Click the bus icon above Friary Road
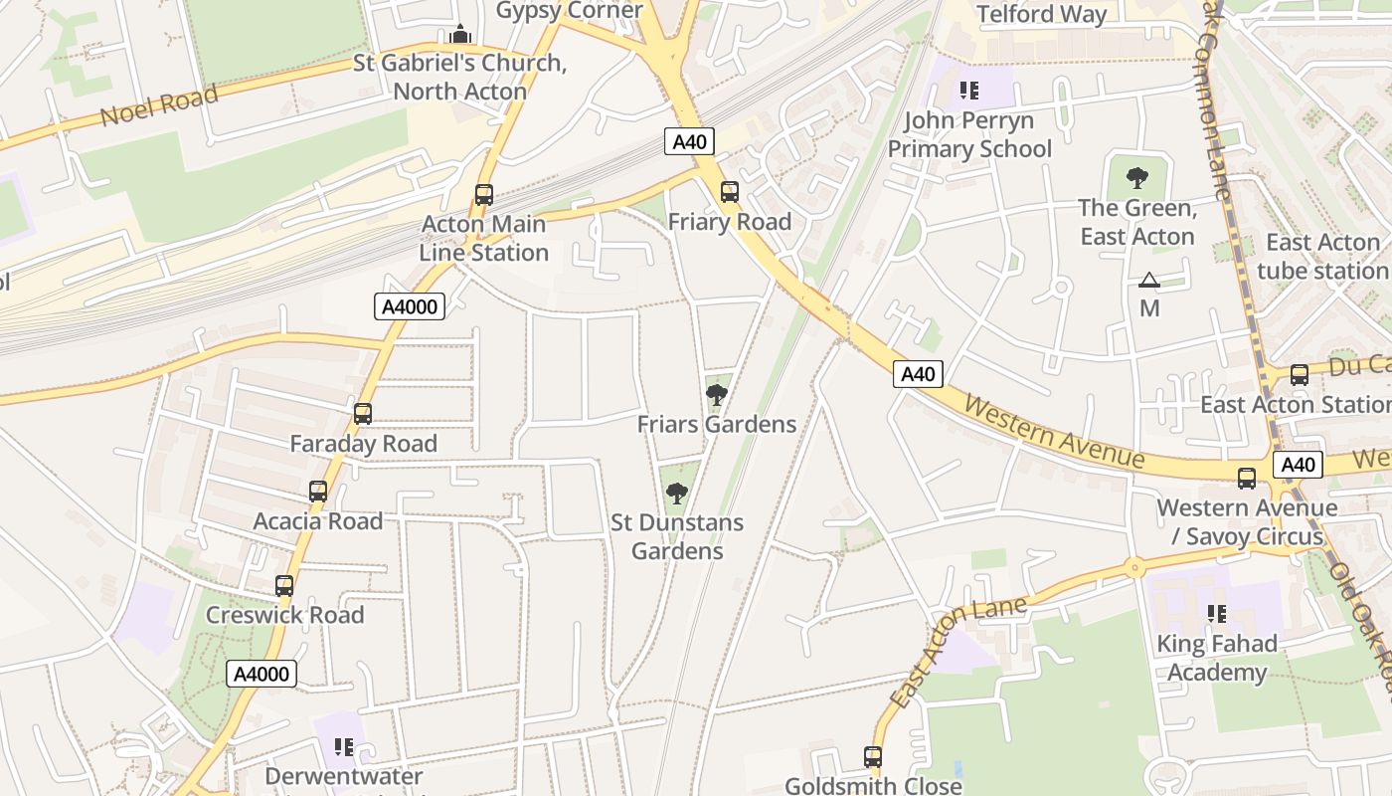point(730,192)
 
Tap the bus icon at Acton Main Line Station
point(484,195)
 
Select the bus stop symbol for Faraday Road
point(363,414)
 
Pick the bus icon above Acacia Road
point(318,492)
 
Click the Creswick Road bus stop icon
point(284,586)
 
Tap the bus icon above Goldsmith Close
point(873,757)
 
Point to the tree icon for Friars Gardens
point(716,395)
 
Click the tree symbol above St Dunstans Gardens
point(677,493)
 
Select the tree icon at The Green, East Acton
point(1136,179)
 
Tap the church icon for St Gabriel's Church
point(459,35)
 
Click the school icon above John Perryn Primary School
point(969,92)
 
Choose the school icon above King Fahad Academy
point(1216,615)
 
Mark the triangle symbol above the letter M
point(1149,281)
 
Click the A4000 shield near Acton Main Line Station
point(410,306)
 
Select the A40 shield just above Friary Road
point(689,142)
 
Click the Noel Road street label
point(158,106)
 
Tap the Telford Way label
point(1042,14)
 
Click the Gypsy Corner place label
point(569,11)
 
